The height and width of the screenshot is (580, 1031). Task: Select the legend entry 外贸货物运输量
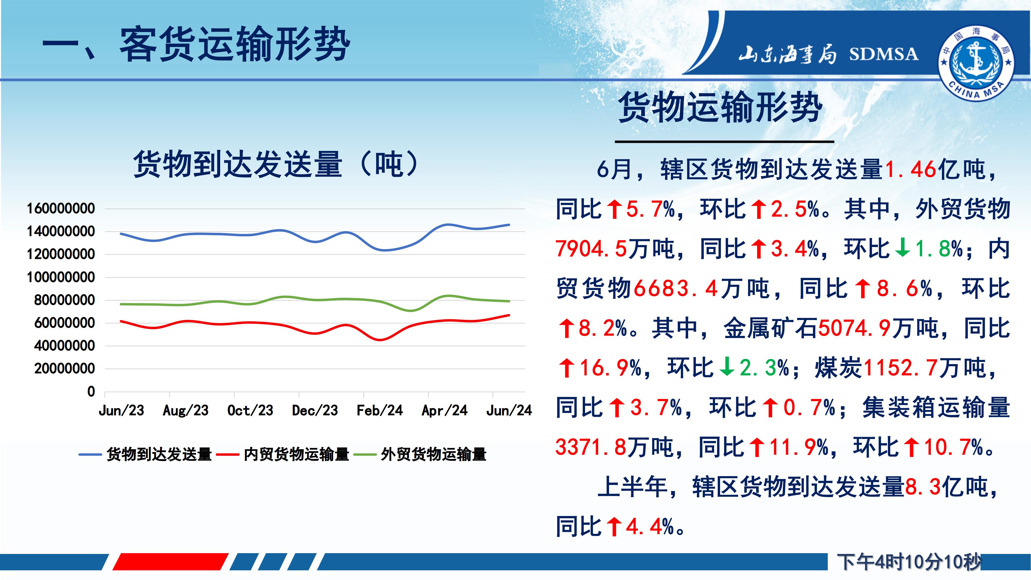click(x=433, y=454)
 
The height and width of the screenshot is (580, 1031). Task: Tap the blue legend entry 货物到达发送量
click(x=159, y=454)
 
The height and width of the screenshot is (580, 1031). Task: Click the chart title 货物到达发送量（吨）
click(x=277, y=164)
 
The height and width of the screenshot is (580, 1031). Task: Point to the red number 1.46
click(x=910, y=170)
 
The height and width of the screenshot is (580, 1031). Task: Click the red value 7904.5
click(x=591, y=249)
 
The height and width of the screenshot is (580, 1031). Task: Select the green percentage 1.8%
click(x=939, y=249)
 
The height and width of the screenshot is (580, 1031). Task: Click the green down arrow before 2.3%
click(x=727, y=367)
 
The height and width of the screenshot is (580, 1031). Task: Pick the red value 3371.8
click(x=591, y=447)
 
